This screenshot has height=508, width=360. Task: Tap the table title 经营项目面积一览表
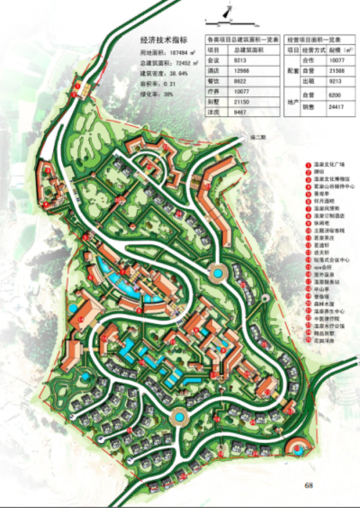coord(318,41)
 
